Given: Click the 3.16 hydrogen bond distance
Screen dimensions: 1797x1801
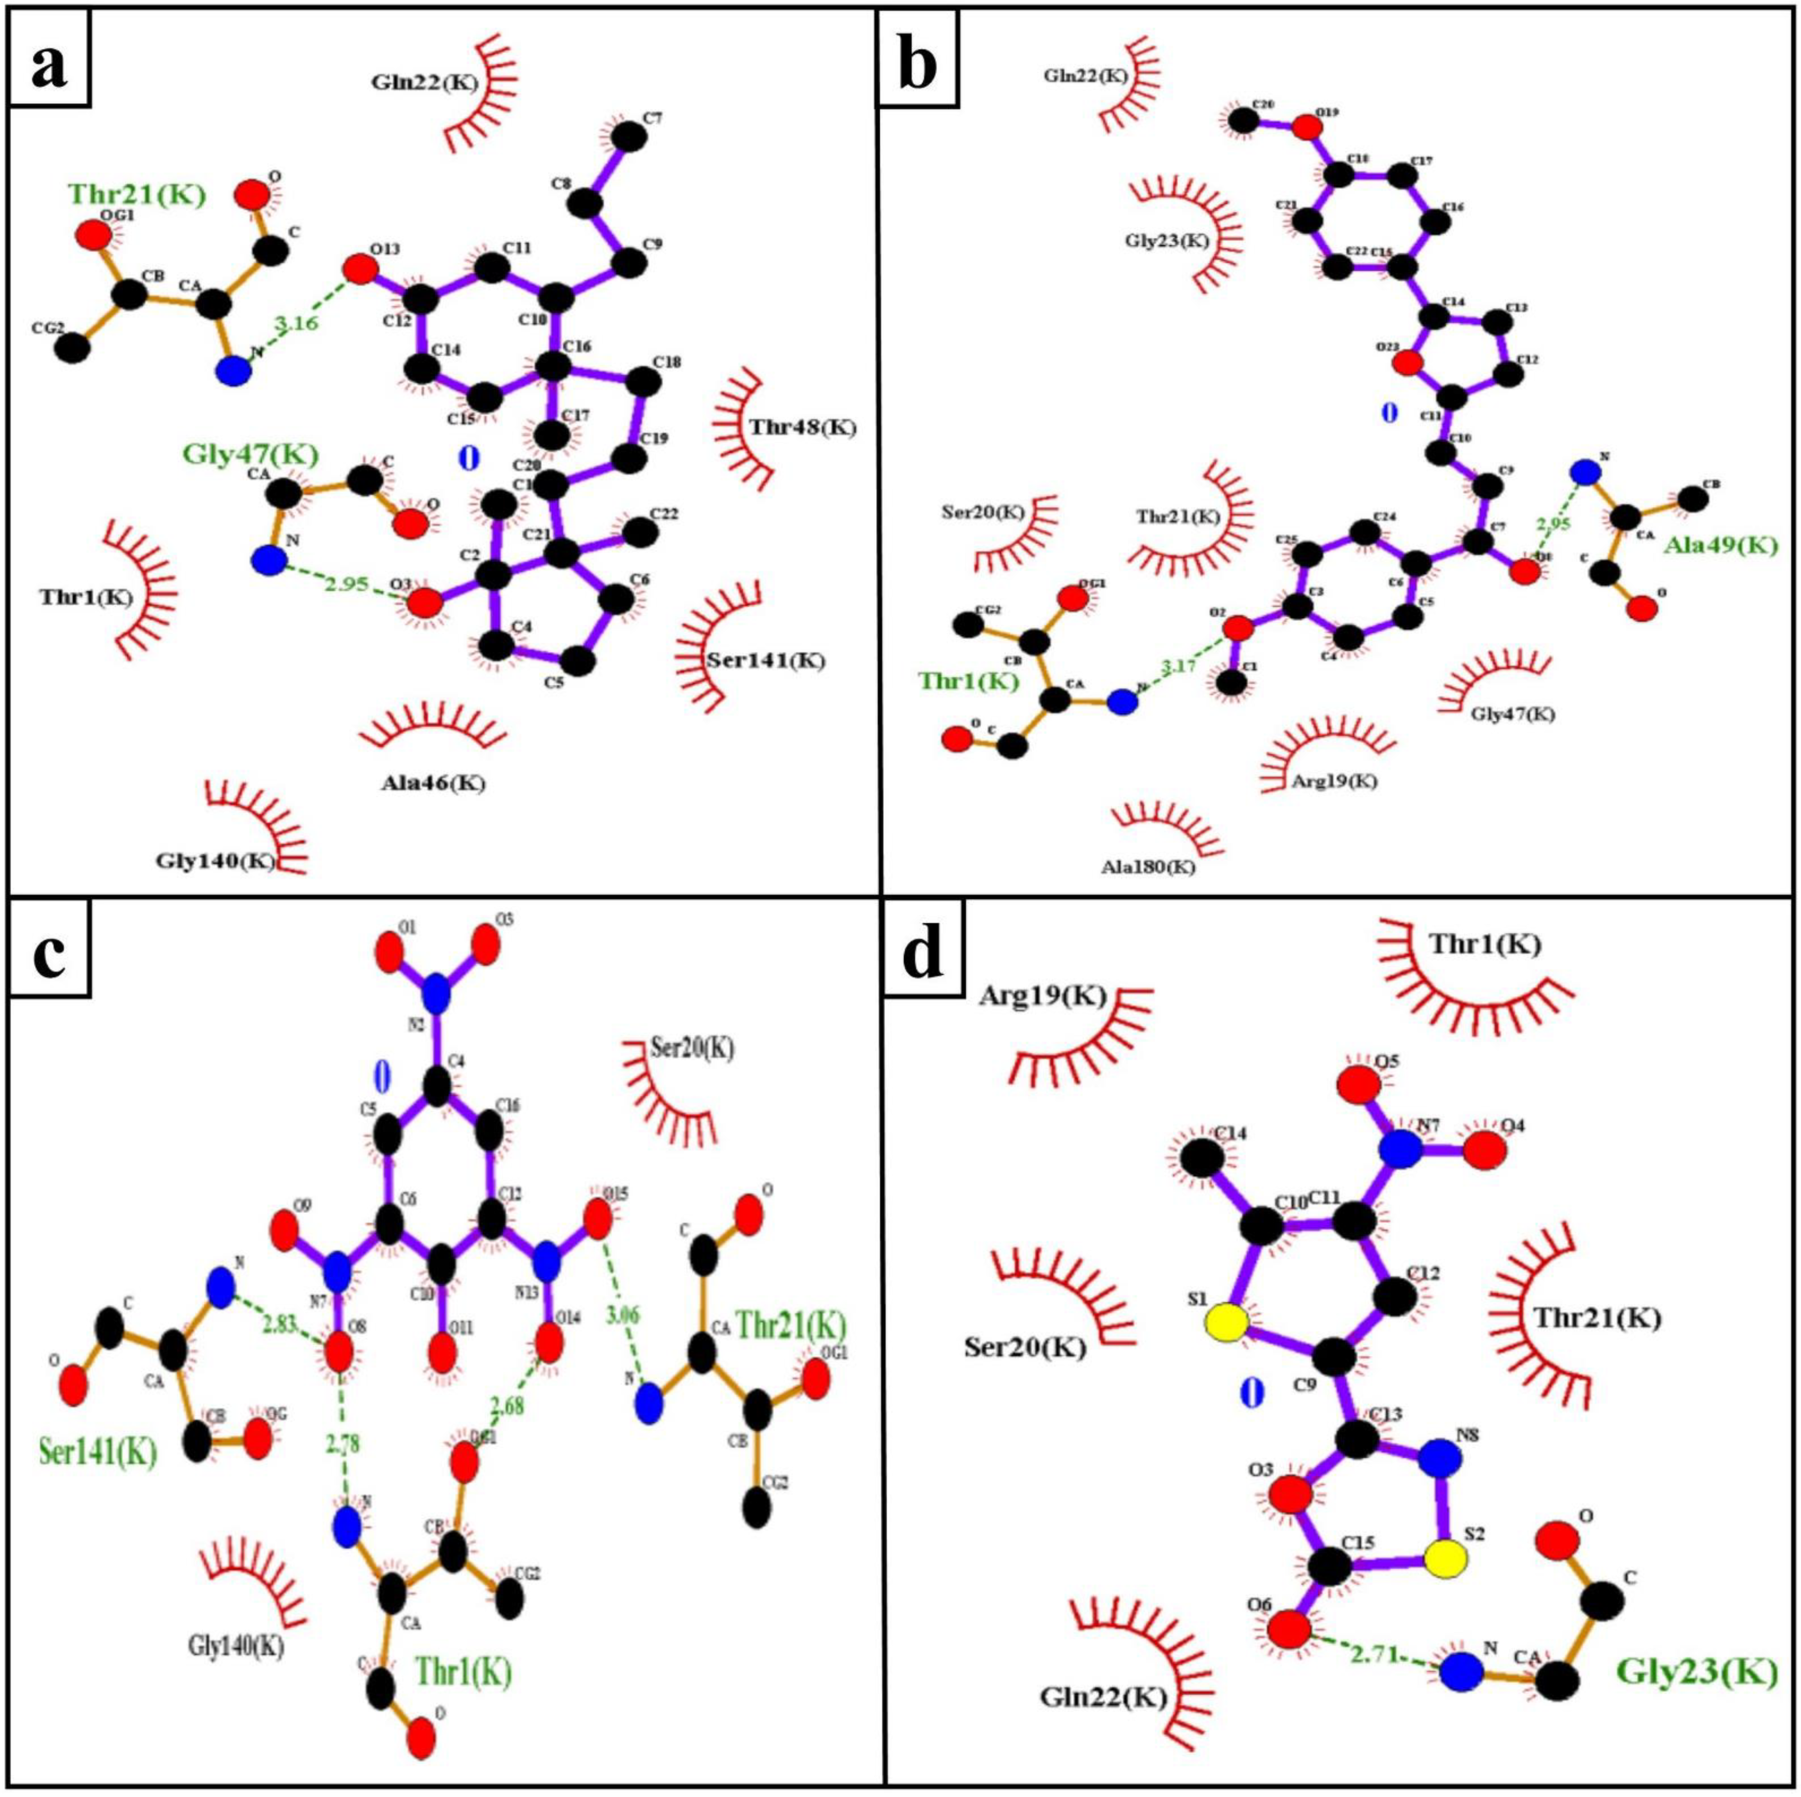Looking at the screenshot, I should tap(294, 324).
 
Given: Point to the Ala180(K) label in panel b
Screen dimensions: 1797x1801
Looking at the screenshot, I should tap(1148, 867).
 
